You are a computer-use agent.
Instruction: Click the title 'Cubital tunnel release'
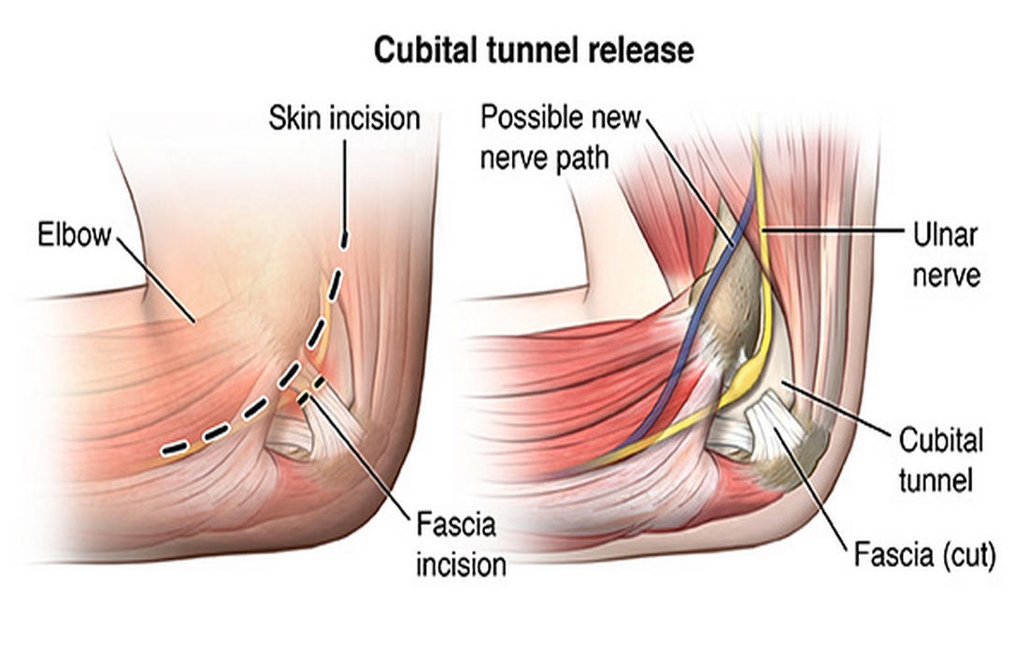pyautogui.click(x=534, y=50)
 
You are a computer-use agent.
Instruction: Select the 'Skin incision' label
pyautogui.click(x=344, y=119)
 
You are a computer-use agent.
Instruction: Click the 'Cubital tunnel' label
pyautogui.click(x=940, y=460)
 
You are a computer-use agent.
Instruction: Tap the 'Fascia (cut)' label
pyautogui.click(x=924, y=557)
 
